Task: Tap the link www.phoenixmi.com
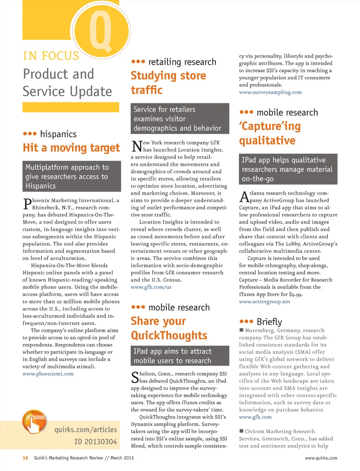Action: (48, 374)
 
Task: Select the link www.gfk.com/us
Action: (151, 287)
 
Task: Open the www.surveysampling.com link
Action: (270, 92)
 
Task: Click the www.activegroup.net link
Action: (264, 302)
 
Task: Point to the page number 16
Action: (25, 458)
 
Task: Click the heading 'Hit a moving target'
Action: (71, 148)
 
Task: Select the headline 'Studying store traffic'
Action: (168, 83)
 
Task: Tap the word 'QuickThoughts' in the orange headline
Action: (169, 336)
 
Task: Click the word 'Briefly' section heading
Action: (269, 322)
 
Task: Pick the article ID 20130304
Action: (96, 442)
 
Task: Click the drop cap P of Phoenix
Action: (27, 204)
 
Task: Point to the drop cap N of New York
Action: (137, 146)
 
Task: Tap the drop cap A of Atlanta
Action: (244, 196)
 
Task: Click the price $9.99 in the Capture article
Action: (295, 294)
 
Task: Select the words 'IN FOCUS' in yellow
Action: (51, 56)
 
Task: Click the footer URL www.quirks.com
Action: (321, 458)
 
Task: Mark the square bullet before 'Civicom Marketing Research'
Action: (241, 431)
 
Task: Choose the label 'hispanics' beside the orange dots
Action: (58, 134)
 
